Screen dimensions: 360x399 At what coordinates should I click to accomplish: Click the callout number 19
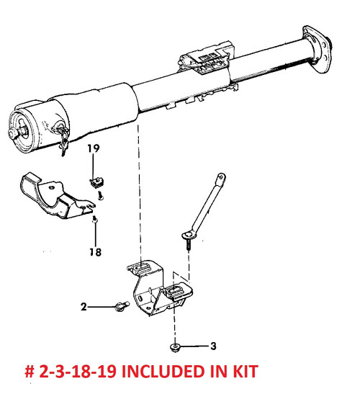[x=94, y=148]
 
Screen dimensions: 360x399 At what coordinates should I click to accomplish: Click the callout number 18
[x=96, y=252]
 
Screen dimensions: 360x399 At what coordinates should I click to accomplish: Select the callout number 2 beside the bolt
[x=84, y=307]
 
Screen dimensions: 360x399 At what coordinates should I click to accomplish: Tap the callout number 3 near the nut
[x=213, y=346]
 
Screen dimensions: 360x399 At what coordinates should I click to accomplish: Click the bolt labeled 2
[x=122, y=306]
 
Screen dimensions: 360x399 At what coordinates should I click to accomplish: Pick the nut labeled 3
[x=175, y=347]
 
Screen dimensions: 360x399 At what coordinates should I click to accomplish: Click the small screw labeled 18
[x=95, y=219]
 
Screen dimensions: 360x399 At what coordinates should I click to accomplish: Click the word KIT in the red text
[x=246, y=371]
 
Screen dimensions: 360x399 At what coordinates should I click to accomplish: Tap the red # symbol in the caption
[x=30, y=372]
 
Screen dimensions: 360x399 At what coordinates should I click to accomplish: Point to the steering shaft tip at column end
[x=12, y=133]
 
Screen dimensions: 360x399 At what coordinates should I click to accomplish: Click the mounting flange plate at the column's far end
[x=317, y=48]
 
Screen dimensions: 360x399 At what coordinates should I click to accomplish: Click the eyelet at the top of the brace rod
[x=221, y=177]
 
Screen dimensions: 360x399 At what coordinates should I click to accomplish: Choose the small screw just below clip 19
[x=101, y=196]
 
